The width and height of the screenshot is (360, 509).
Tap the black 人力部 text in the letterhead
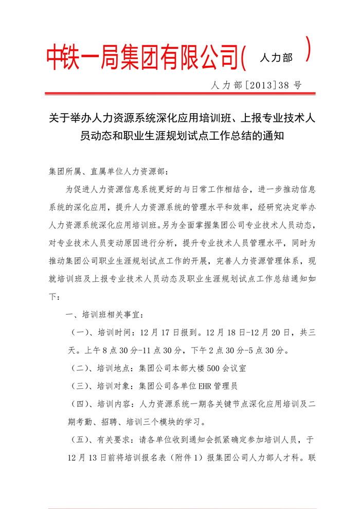point(276,58)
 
